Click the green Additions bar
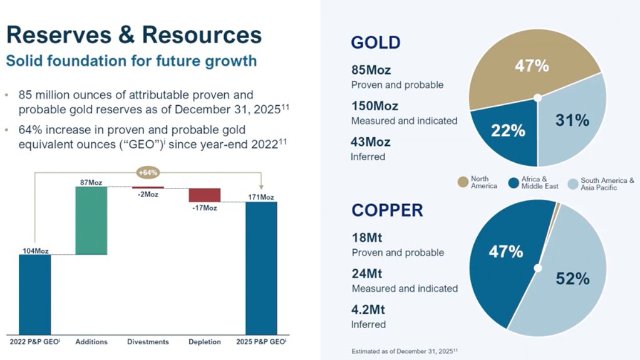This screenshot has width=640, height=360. point(91,220)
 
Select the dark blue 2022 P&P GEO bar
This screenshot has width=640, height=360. point(34,294)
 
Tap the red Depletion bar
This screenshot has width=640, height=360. point(205,195)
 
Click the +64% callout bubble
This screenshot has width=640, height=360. point(148,172)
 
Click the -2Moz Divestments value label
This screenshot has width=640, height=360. point(148,194)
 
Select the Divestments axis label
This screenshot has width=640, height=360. point(148,342)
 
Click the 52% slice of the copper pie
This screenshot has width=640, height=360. point(571,279)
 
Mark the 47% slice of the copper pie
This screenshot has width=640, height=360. point(504,254)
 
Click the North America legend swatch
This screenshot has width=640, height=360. point(463,182)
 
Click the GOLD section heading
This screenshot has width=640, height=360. point(376,43)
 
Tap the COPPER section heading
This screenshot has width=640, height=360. point(387,210)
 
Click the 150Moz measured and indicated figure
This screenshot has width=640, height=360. point(374,106)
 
